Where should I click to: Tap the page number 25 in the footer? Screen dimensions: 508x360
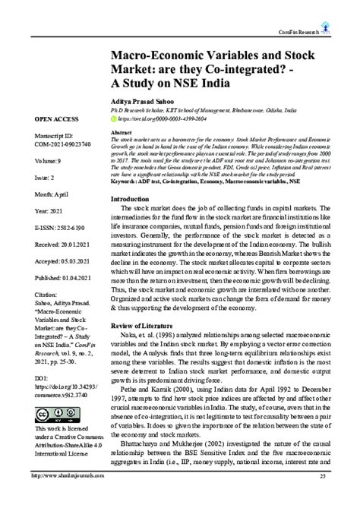point(322,497)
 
